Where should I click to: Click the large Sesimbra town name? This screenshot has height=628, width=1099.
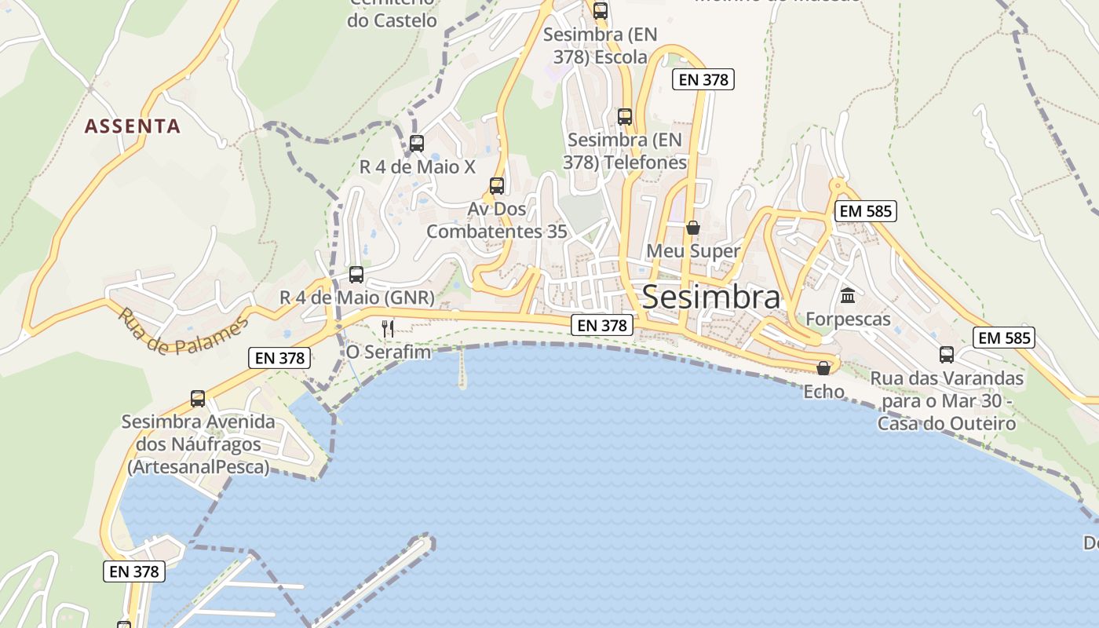tap(711, 298)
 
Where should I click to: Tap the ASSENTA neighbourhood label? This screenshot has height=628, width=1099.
tap(133, 126)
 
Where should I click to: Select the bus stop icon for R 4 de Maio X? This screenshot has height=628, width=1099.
tap(417, 144)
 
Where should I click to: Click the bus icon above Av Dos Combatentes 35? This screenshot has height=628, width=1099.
tap(497, 186)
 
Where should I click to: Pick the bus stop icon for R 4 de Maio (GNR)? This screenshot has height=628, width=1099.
tap(356, 275)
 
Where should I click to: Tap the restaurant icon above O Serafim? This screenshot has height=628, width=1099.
tap(388, 328)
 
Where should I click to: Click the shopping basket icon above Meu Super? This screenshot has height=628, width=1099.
tap(693, 228)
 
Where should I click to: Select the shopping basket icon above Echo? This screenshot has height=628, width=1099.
tap(823, 368)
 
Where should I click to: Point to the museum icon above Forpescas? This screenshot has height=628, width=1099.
tap(848, 296)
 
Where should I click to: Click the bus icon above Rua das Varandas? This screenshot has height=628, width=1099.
tap(947, 355)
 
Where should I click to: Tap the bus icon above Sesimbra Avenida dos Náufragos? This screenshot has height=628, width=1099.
tap(198, 399)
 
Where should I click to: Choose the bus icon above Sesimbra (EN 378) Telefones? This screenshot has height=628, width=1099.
tap(625, 117)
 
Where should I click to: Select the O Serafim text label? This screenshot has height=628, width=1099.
tap(389, 352)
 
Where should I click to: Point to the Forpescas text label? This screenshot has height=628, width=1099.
tap(848, 319)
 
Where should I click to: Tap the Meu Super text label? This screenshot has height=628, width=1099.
tap(693, 251)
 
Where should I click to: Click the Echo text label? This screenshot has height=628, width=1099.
tap(823, 392)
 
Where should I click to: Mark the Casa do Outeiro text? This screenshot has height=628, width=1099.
tap(947, 424)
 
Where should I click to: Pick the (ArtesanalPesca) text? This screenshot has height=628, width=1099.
tap(198, 467)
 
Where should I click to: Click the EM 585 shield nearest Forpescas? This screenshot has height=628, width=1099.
tap(867, 211)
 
